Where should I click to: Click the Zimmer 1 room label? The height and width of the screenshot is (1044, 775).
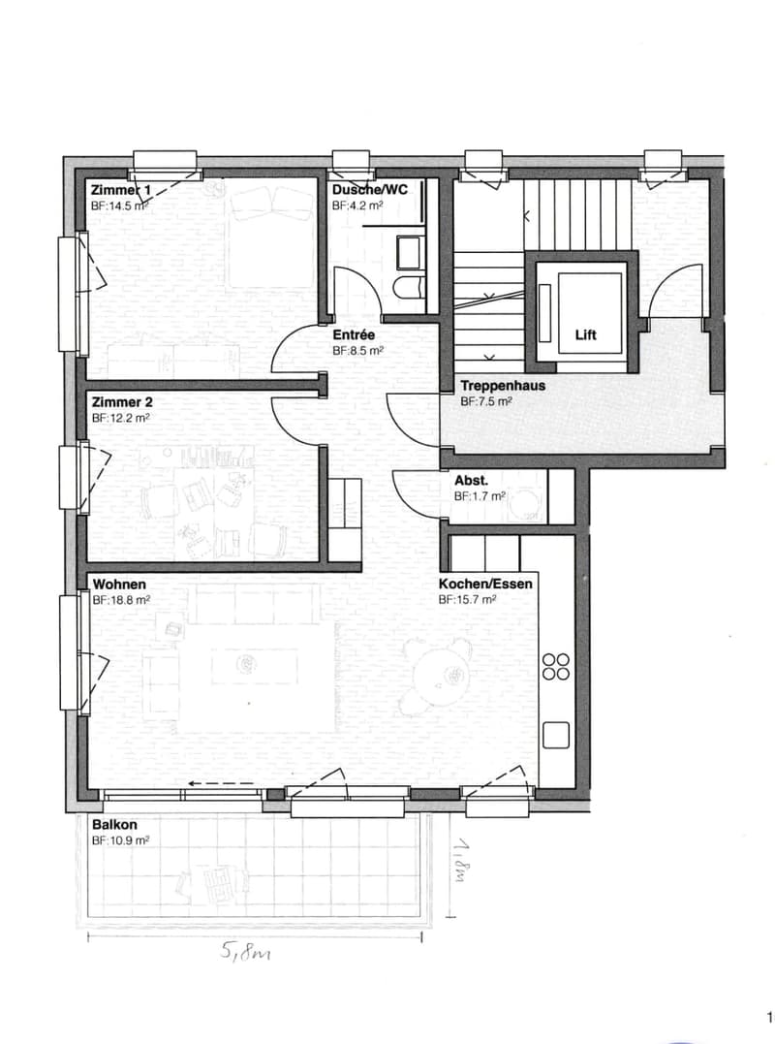click(x=121, y=190)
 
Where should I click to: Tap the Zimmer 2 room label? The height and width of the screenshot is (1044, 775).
click(x=122, y=402)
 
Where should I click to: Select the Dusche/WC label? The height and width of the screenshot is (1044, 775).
click(x=370, y=190)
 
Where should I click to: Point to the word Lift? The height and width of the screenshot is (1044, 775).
click(x=586, y=334)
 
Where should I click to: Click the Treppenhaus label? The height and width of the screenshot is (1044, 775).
click(x=503, y=386)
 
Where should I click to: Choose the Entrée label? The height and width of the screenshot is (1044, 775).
click(x=354, y=334)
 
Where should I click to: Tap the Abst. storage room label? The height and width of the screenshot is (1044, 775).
click(x=471, y=480)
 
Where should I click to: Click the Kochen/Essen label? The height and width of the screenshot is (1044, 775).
click(x=485, y=584)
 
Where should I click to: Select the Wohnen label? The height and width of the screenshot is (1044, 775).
click(x=119, y=585)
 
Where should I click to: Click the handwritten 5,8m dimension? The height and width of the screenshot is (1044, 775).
click(x=245, y=953)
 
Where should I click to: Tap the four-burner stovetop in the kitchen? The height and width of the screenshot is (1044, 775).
click(x=556, y=667)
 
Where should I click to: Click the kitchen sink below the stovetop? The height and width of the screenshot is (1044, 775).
click(x=556, y=735)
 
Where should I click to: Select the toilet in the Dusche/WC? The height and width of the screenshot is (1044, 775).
click(x=408, y=287)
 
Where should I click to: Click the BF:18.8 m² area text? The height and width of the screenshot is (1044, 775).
click(x=121, y=600)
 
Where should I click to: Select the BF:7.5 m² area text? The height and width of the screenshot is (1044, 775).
click(x=486, y=401)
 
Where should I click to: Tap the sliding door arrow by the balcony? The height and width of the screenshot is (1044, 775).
click(x=223, y=783)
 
